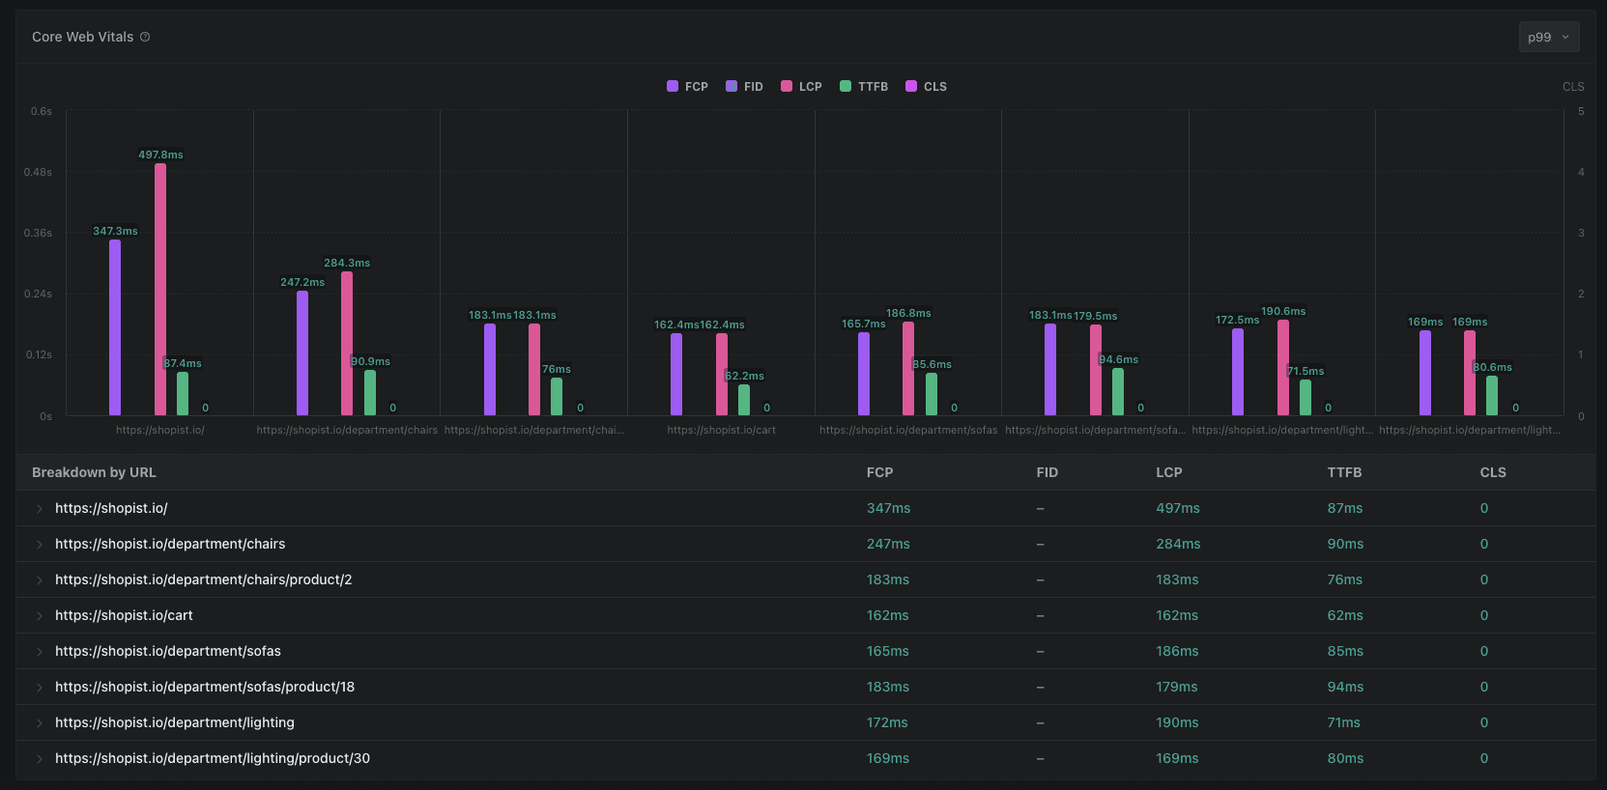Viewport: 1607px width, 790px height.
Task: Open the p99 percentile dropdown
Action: pos(1549,37)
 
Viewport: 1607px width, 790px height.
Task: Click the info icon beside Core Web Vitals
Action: pos(145,37)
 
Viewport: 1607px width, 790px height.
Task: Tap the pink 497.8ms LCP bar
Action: pos(160,290)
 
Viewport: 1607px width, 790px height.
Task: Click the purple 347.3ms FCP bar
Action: pos(115,328)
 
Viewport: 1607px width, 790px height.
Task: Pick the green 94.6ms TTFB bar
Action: pos(1118,392)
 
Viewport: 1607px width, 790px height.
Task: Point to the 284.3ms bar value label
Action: pos(347,263)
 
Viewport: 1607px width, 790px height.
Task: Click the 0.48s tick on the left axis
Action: pos(39,172)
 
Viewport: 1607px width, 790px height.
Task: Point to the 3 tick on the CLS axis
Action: pos(1581,233)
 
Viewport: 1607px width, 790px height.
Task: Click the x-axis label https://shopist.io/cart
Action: pos(721,430)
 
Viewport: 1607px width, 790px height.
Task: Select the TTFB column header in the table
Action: pos(1344,472)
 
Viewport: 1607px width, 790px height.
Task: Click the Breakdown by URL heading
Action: pos(94,472)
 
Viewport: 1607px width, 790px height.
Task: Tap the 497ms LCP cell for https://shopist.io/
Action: pos(1177,508)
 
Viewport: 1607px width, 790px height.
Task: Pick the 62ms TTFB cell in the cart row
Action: pos(1344,615)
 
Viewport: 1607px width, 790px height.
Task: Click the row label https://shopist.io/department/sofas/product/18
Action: pos(205,687)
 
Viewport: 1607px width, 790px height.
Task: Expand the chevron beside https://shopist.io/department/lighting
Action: pos(40,722)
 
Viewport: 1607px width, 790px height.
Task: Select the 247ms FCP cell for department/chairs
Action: pos(888,544)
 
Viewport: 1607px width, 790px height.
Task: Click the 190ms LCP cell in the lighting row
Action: pos(1177,722)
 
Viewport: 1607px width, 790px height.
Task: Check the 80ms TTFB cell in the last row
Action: pos(1344,758)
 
